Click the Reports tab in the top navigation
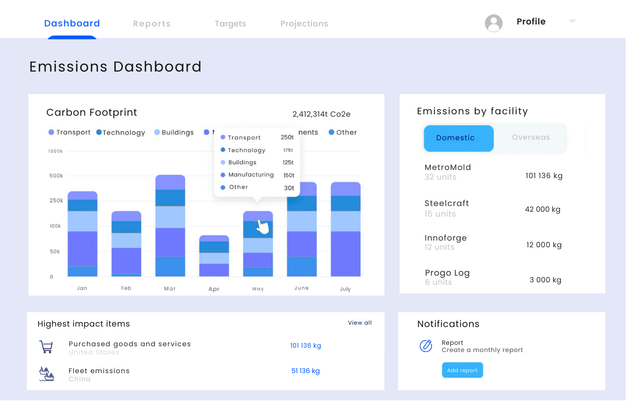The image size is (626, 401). coord(152,24)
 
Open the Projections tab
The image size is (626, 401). coord(304,24)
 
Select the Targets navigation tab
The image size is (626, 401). coord(230,24)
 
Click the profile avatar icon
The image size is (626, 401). coord(494,23)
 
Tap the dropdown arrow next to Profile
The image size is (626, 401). coord(572,21)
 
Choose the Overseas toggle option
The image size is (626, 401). coord(530,137)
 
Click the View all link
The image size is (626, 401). coord(360,323)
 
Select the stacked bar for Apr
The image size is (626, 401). coord(214,256)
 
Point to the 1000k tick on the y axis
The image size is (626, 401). coord(55,151)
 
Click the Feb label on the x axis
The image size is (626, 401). coord(126,288)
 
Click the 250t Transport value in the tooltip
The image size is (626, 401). coord(287,137)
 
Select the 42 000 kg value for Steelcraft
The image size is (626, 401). coord(542,209)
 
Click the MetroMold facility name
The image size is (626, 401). coord(447,168)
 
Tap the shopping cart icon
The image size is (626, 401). coord(46,347)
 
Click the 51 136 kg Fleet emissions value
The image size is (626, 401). coord(305,371)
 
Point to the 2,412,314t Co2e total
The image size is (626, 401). coord(321,114)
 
